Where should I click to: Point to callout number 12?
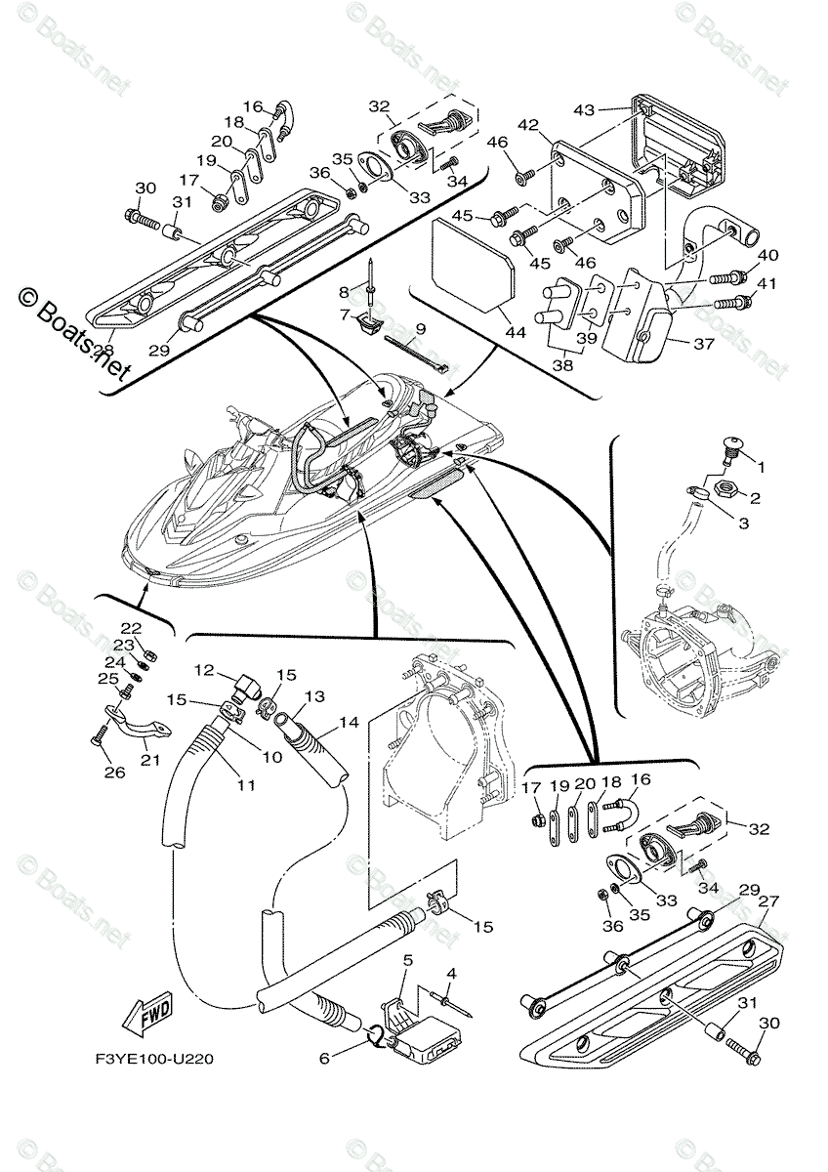pos(203,670)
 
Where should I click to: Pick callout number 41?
pos(768,284)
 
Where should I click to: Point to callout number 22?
pos(131,628)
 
